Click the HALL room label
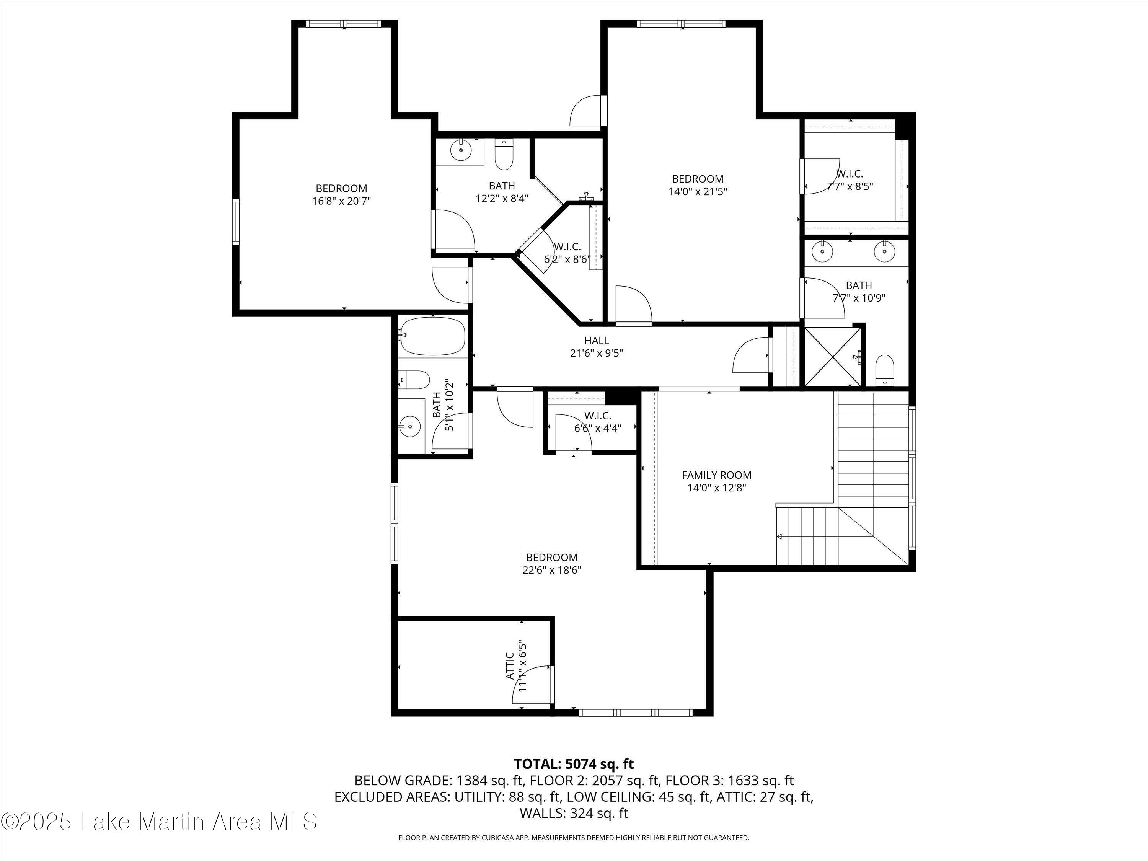tap(596, 341)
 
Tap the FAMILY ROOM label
tap(716, 475)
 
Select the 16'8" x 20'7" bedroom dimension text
tap(341, 201)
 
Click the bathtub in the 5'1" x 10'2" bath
tap(433, 336)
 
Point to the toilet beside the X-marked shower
tap(884, 370)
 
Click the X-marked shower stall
tap(832, 355)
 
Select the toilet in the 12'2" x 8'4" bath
tap(504, 154)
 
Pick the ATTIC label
tap(510, 666)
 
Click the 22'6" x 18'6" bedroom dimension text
tap(552, 570)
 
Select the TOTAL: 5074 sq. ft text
tap(574, 764)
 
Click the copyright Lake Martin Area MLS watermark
tap(159, 822)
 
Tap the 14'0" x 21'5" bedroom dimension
tap(698, 191)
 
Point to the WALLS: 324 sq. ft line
tap(574, 813)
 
